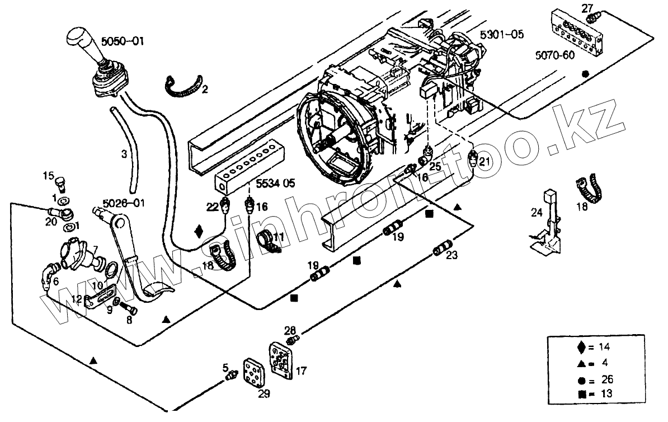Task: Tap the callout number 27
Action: pos(586,8)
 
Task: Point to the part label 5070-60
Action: pos(553,55)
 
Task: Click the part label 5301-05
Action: pos(502,35)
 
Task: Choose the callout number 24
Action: pos(537,212)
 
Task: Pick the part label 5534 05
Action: pos(276,183)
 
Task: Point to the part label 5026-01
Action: pos(123,203)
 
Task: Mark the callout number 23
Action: pos(452,256)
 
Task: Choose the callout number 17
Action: pos(301,371)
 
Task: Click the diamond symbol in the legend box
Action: pos(582,347)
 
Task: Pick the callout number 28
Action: pos(289,330)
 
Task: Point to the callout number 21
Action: pos(484,162)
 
